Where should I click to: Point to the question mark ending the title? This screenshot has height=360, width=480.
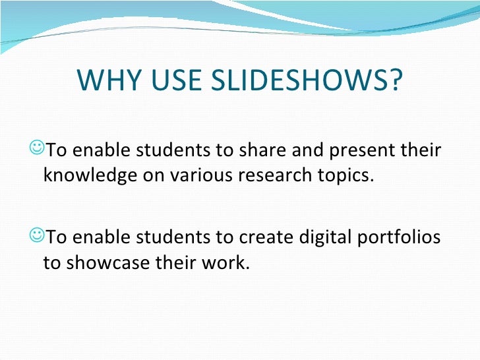coord(394,80)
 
